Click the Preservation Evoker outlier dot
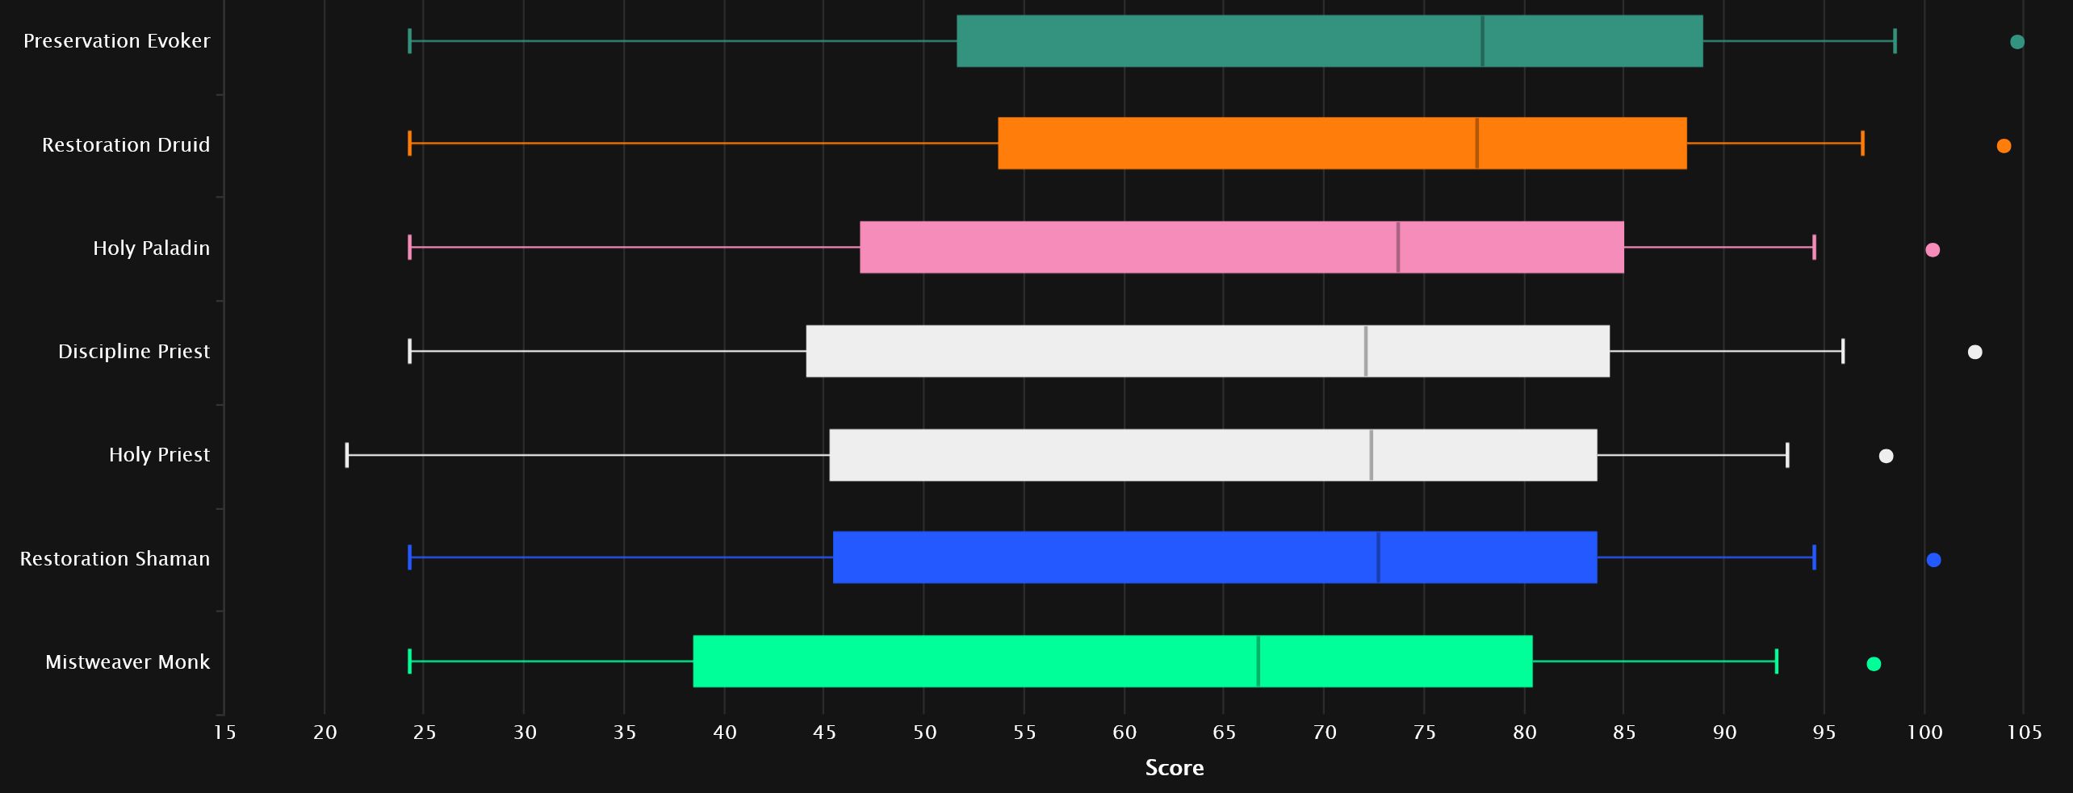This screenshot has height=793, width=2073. click(x=2016, y=42)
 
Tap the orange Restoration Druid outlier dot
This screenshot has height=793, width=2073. click(x=2004, y=146)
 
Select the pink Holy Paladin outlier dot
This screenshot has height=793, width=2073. click(x=1933, y=249)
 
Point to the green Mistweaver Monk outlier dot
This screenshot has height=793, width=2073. click(x=1874, y=664)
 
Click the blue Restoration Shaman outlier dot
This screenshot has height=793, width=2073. click(x=1933, y=560)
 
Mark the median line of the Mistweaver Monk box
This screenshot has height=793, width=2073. click(x=1258, y=662)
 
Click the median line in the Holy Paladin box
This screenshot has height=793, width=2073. click(x=1398, y=247)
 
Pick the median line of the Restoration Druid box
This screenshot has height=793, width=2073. click(x=1476, y=143)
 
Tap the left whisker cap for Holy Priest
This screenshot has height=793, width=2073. click(x=347, y=455)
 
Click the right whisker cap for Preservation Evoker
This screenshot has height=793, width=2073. click(x=1895, y=40)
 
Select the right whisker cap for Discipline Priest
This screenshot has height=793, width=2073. click(x=1843, y=351)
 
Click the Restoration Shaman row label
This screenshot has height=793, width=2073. click(x=115, y=558)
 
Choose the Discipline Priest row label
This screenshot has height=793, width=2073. click(x=134, y=351)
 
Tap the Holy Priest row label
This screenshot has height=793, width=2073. click(x=159, y=454)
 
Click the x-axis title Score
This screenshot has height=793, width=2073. click(x=1174, y=767)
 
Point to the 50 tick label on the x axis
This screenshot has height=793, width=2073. click(x=924, y=732)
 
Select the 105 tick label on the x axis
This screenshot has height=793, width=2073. click(x=2024, y=732)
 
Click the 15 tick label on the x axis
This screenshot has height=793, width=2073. click(x=224, y=732)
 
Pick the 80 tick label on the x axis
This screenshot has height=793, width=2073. click(x=1524, y=732)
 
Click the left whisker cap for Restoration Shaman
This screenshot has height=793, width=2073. click(x=410, y=557)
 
